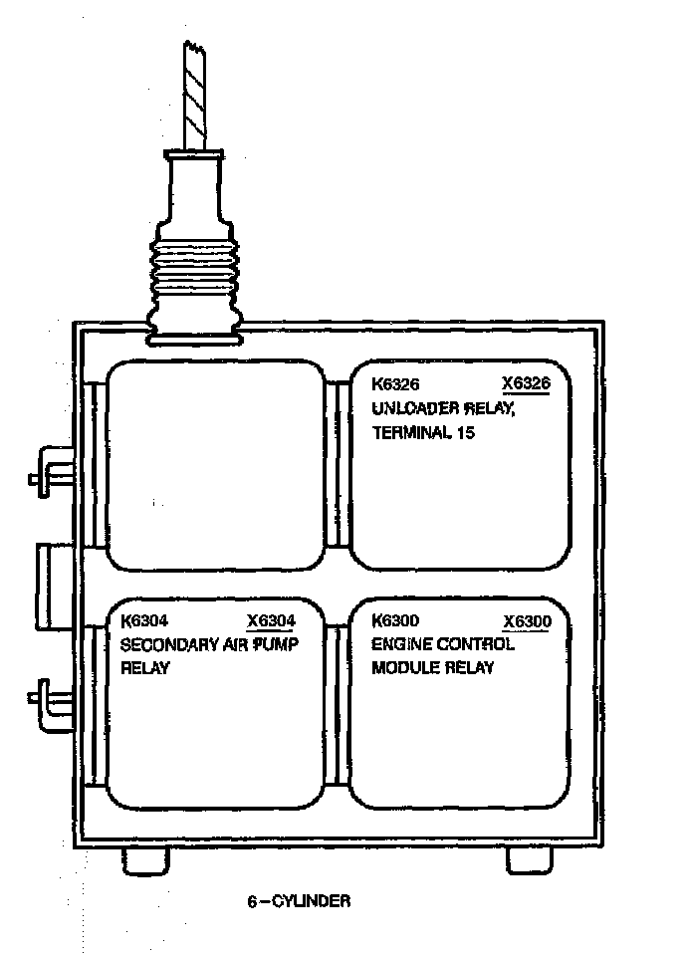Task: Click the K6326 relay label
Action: tap(394, 383)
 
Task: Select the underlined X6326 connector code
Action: tap(527, 383)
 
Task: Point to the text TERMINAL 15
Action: tap(424, 432)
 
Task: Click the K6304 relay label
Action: tap(143, 620)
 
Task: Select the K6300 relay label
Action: tap(394, 620)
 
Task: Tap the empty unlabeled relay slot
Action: tap(216, 466)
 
